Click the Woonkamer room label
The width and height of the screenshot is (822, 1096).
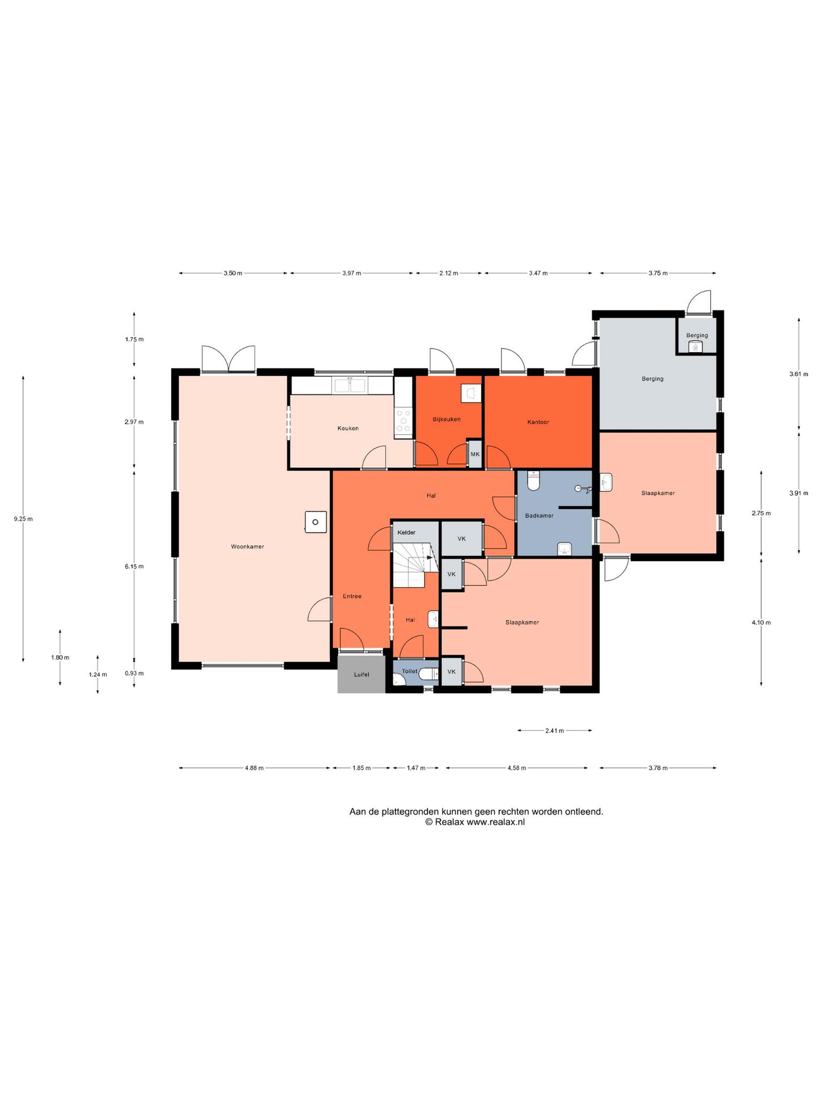[247, 547]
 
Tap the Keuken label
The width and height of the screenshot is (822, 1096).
[348, 428]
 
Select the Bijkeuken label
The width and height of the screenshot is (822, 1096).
[446, 419]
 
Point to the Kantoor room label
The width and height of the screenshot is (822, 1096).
[538, 422]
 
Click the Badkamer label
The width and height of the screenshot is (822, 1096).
[539, 515]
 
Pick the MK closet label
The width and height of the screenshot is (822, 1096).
[475, 454]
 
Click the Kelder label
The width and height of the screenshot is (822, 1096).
[406, 532]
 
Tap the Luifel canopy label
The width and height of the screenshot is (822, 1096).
[362, 674]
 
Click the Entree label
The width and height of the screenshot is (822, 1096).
[352, 596]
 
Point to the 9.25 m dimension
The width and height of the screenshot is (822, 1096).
[23, 519]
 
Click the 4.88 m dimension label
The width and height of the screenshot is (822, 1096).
[254, 768]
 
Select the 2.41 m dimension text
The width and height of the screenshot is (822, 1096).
[554, 730]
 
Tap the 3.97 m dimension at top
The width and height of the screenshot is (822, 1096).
[352, 273]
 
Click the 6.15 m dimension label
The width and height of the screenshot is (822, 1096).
[134, 566]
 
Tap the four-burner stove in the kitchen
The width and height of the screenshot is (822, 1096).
[403, 421]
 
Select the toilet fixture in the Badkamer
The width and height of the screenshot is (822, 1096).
[534, 481]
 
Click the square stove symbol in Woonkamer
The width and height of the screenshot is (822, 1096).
[316, 522]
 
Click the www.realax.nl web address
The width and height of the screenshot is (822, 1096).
[496, 823]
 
